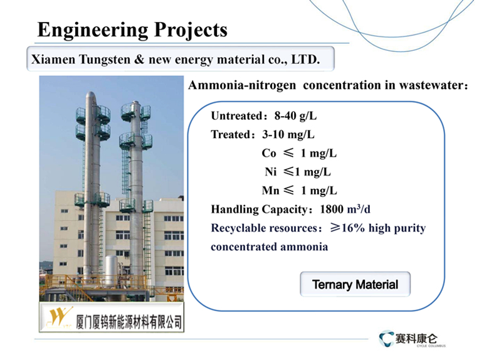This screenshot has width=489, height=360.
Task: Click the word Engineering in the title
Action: (x=93, y=30)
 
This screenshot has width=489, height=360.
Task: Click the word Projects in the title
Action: (x=191, y=30)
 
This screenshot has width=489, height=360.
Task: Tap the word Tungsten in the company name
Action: (x=105, y=60)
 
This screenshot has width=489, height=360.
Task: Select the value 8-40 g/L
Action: (x=295, y=116)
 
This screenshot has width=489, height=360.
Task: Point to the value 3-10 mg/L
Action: (x=288, y=135)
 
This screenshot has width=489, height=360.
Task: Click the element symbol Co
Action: (x=269, y=153)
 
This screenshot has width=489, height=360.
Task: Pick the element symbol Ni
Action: (x=271, y=172)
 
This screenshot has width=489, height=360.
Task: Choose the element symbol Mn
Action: (x=270, y=190)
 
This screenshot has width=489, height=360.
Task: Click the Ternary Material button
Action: (x=355, y=284)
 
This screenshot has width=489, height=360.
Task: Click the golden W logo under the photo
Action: (x=60, y=317)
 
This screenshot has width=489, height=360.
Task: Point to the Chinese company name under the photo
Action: (x=129, y=322)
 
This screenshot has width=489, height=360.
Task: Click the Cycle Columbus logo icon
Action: (x=386, y=339)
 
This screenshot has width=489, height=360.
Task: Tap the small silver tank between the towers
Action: (x=111, y=270)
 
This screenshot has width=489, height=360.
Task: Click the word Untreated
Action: (x=237, y=116)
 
